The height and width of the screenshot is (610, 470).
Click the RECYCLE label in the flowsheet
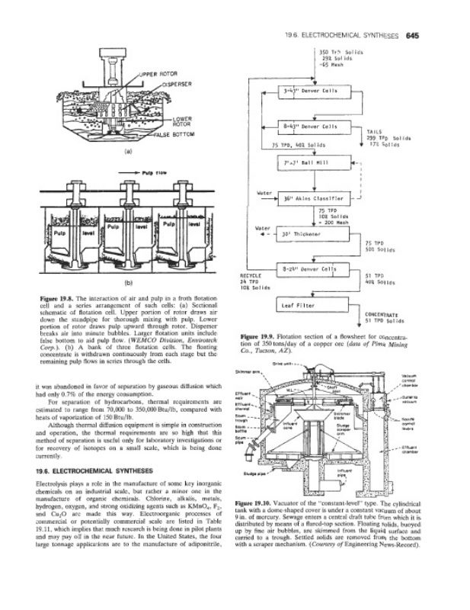coord(251,274)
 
